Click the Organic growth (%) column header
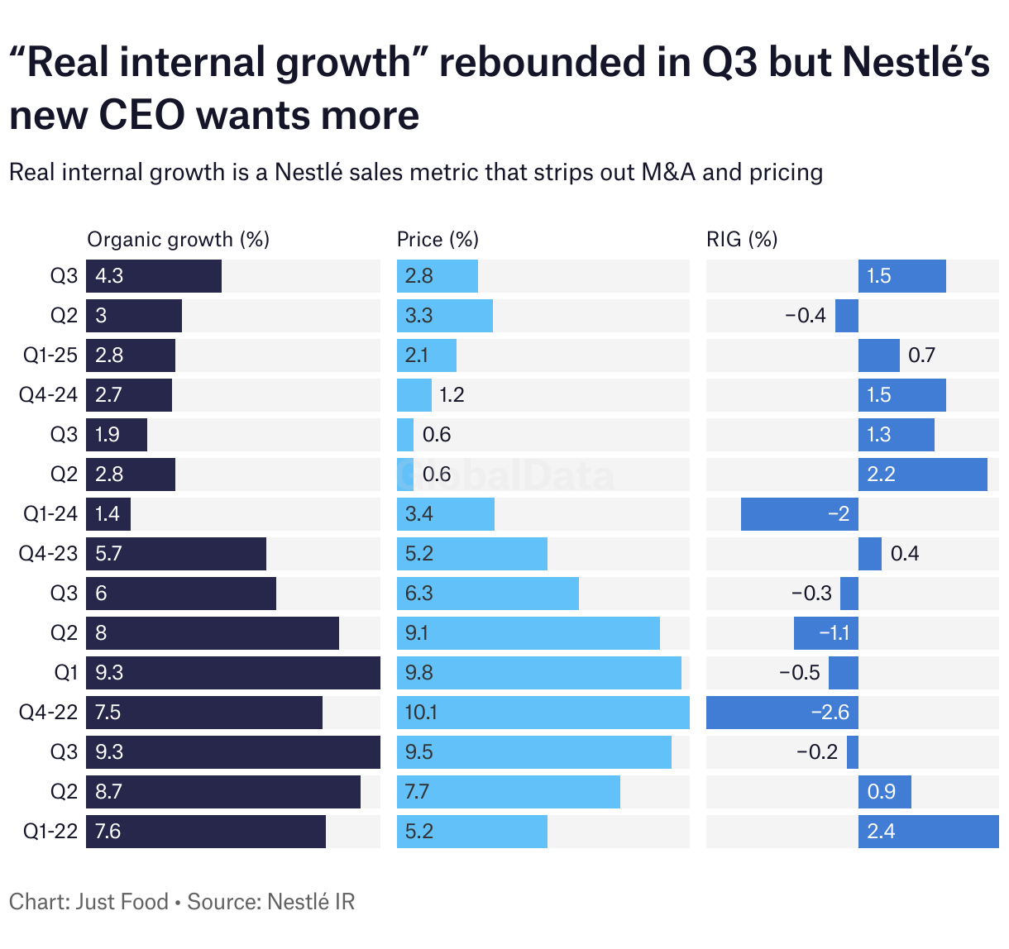tap(178, 240)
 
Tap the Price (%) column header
tap(438, 240)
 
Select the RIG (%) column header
tap(742, 240)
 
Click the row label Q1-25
tap(50, 355)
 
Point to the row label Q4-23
tap(48, 554)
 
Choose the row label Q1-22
tap(50, 832)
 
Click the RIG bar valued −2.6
tap(782, 713)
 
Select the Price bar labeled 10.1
tap(543, 713)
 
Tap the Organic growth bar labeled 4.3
tap(154, 276)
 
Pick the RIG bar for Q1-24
tap(799, 514)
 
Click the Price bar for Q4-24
tap(414, 395)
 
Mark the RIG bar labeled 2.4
tap(928, 832)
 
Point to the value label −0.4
tap(805, 316)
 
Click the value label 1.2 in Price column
tap(452, 395)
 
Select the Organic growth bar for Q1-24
tap(108, 514)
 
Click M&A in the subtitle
tap(670, 173)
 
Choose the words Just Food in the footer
tap(122, 902)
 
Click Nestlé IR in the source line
tap(313, 902)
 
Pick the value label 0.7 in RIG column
tap(921, 355)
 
